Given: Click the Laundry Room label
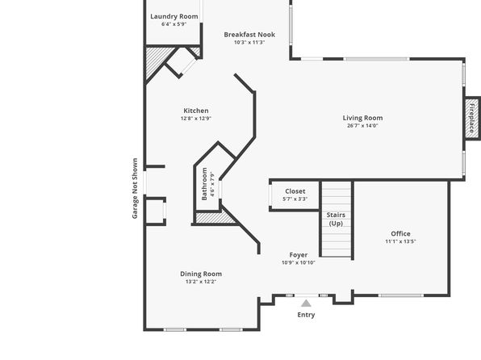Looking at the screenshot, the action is click(174, 17).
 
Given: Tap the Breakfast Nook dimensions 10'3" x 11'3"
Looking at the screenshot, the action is click(249, 42).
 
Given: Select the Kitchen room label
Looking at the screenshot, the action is click(196, 111).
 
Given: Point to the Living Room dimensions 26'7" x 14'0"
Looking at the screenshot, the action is click(362, 126).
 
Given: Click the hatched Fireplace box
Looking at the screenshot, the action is click(472, 118).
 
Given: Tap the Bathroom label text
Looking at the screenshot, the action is click(204, 184).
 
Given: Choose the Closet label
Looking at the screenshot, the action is click(295, 191).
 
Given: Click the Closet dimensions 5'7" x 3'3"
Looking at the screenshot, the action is click(295, 199).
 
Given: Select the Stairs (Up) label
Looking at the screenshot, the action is click(336, 219).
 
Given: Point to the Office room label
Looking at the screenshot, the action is click(400, 233).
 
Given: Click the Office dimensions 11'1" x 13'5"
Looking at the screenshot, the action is click(400, 241).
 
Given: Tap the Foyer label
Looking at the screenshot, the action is click(299, 255).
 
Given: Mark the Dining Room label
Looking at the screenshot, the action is click(201, 274).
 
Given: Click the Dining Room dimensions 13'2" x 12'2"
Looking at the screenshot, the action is click(201, 282).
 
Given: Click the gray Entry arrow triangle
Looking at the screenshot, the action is click(306, 303).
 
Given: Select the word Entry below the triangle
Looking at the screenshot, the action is click(306, 315).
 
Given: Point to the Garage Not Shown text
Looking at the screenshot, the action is click(135, 188).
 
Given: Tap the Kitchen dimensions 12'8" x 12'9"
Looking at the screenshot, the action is click(196, 118).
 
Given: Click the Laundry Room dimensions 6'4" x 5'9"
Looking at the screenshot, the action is click(174, 24).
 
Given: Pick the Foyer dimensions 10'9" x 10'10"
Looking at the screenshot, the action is click(299, 262).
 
